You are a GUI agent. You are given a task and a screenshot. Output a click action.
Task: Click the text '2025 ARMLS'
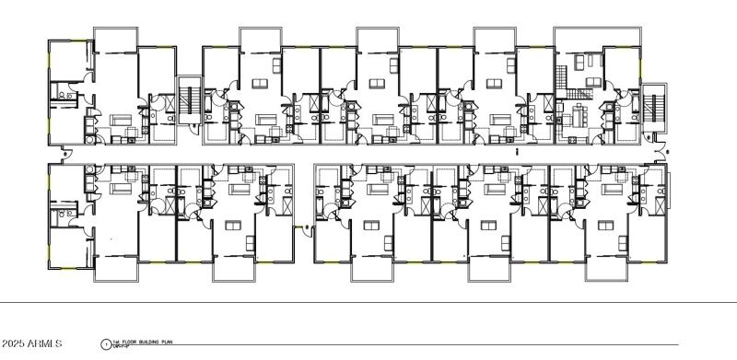[x=32, y=344]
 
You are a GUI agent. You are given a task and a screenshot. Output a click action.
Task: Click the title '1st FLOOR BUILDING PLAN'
[x=138, y=343]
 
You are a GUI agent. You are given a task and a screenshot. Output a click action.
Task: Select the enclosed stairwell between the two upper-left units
[x=189, y=99]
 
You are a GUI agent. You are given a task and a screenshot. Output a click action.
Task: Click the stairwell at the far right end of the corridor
[x=653, y=105]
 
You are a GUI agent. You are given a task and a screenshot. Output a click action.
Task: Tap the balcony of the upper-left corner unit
[x=115, y=40]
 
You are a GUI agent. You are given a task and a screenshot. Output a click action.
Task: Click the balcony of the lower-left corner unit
[x=115, y=268]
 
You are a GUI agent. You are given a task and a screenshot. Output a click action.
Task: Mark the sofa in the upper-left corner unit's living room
[x=120, y=121]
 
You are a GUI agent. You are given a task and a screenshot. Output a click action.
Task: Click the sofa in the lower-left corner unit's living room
[x=119, y=188]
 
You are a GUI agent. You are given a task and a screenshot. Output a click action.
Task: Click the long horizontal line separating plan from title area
[x=368, y=303]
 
